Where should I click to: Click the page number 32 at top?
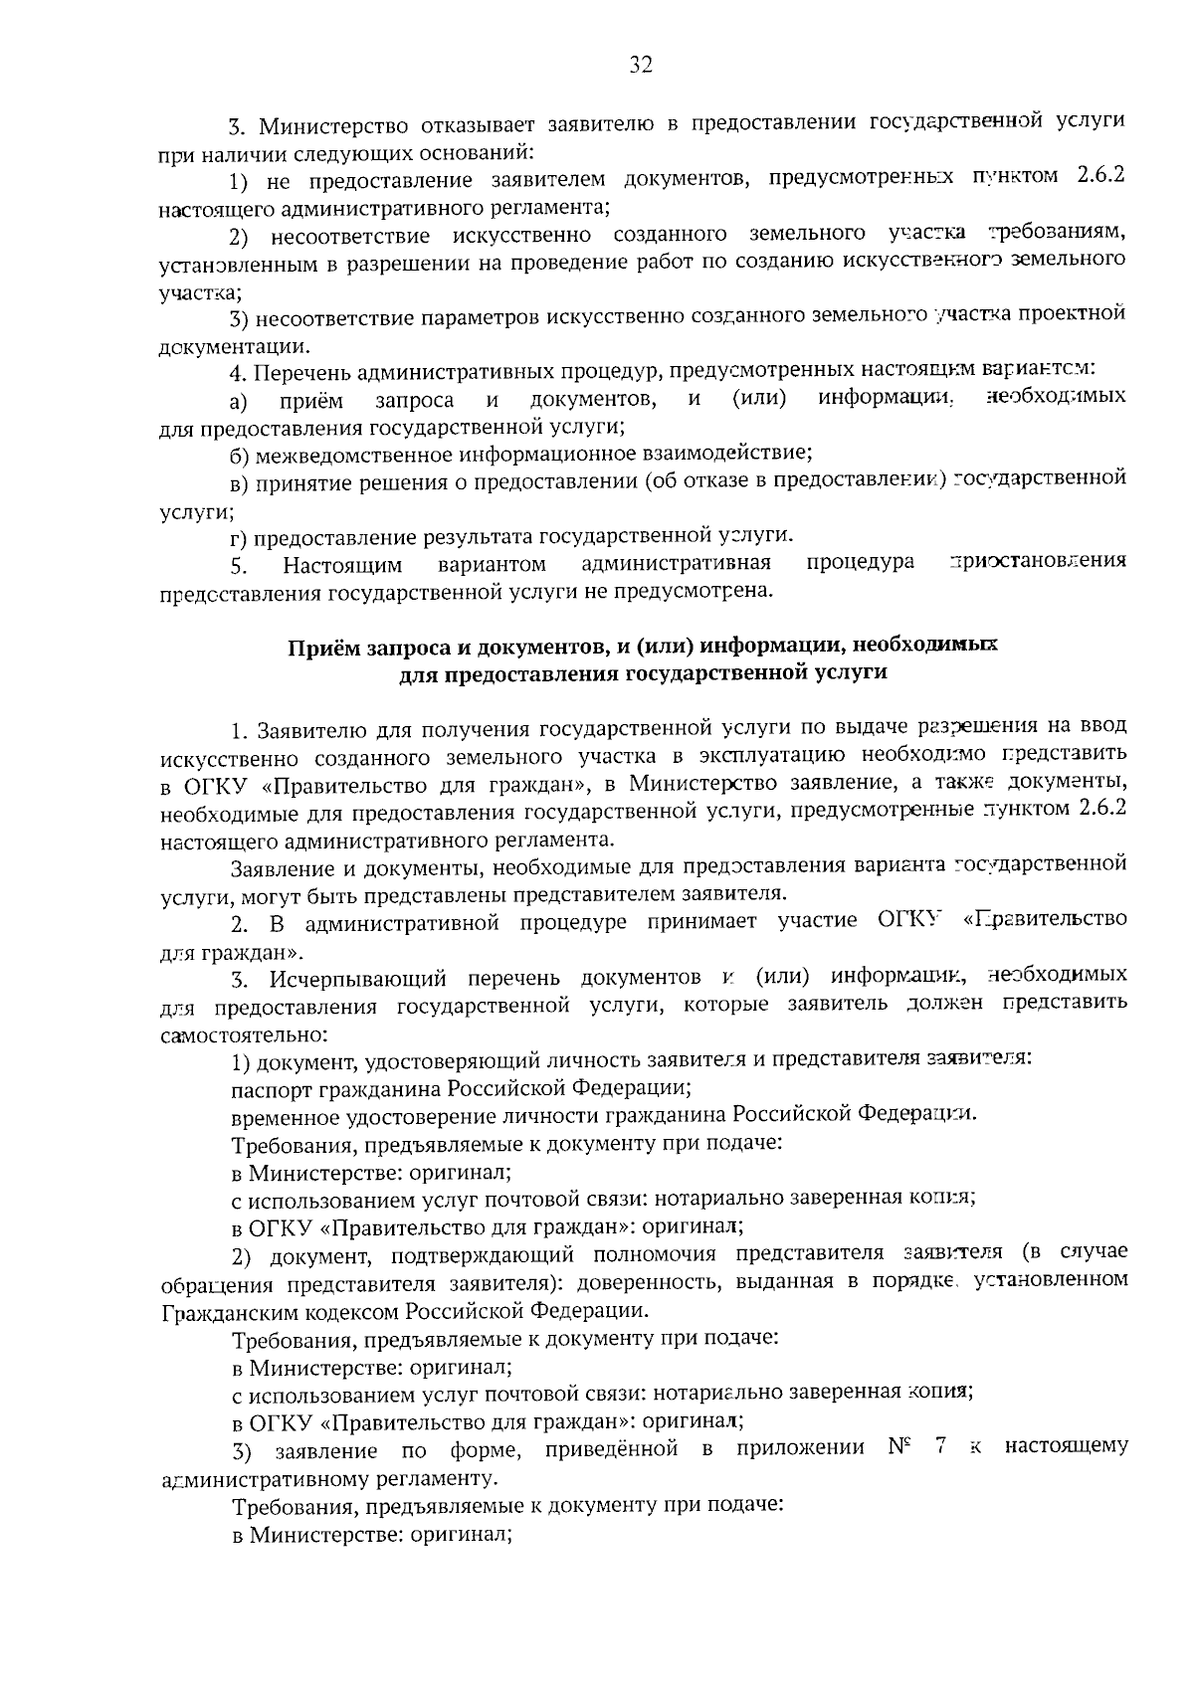[640, 66]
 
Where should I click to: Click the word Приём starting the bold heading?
[321, 647]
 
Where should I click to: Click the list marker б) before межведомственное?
[240, 455]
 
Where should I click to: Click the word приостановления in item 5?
[1038, 562]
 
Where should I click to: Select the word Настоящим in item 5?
[342, 566]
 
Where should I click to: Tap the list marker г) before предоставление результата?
[239, 538]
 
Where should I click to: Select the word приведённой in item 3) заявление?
[611, 1448]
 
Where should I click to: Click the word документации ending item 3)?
[234, 347]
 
